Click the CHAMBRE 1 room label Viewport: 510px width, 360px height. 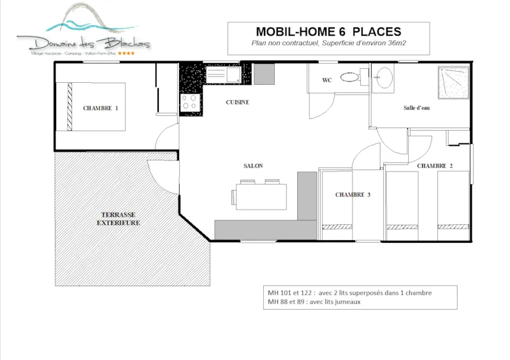click(x=101, y=108)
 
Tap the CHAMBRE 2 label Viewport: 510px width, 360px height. click(x=435, y=166)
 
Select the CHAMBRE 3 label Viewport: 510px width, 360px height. click(x=353, y=195)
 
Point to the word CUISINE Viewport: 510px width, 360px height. click(x=237, y=102)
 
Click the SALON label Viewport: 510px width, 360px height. click(x=253, y=166)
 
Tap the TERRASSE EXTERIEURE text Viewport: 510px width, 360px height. click(x=118, y=219)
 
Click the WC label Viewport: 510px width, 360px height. click(x=326, y=80)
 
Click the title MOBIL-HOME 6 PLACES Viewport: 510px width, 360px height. click(x=328, y=31)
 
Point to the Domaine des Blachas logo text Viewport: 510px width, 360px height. click(x=84, y=43)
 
